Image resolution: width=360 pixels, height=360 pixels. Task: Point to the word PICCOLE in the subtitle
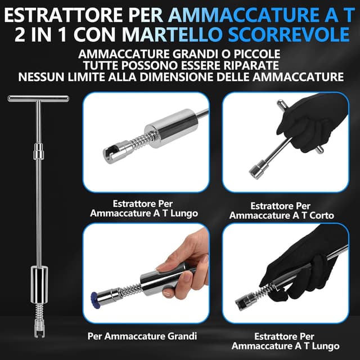[257, 54]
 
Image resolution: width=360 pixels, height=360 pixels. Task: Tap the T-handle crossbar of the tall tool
[38, 99]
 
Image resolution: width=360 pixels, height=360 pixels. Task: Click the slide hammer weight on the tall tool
[39, 284]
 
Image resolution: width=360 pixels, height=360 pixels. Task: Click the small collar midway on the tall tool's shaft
[39, 151]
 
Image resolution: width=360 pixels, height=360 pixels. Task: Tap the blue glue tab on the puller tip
[95, 300]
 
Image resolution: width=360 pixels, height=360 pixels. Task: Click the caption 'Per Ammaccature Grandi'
[142, 336]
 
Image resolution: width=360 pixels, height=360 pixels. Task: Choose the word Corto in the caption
[322, 215]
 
